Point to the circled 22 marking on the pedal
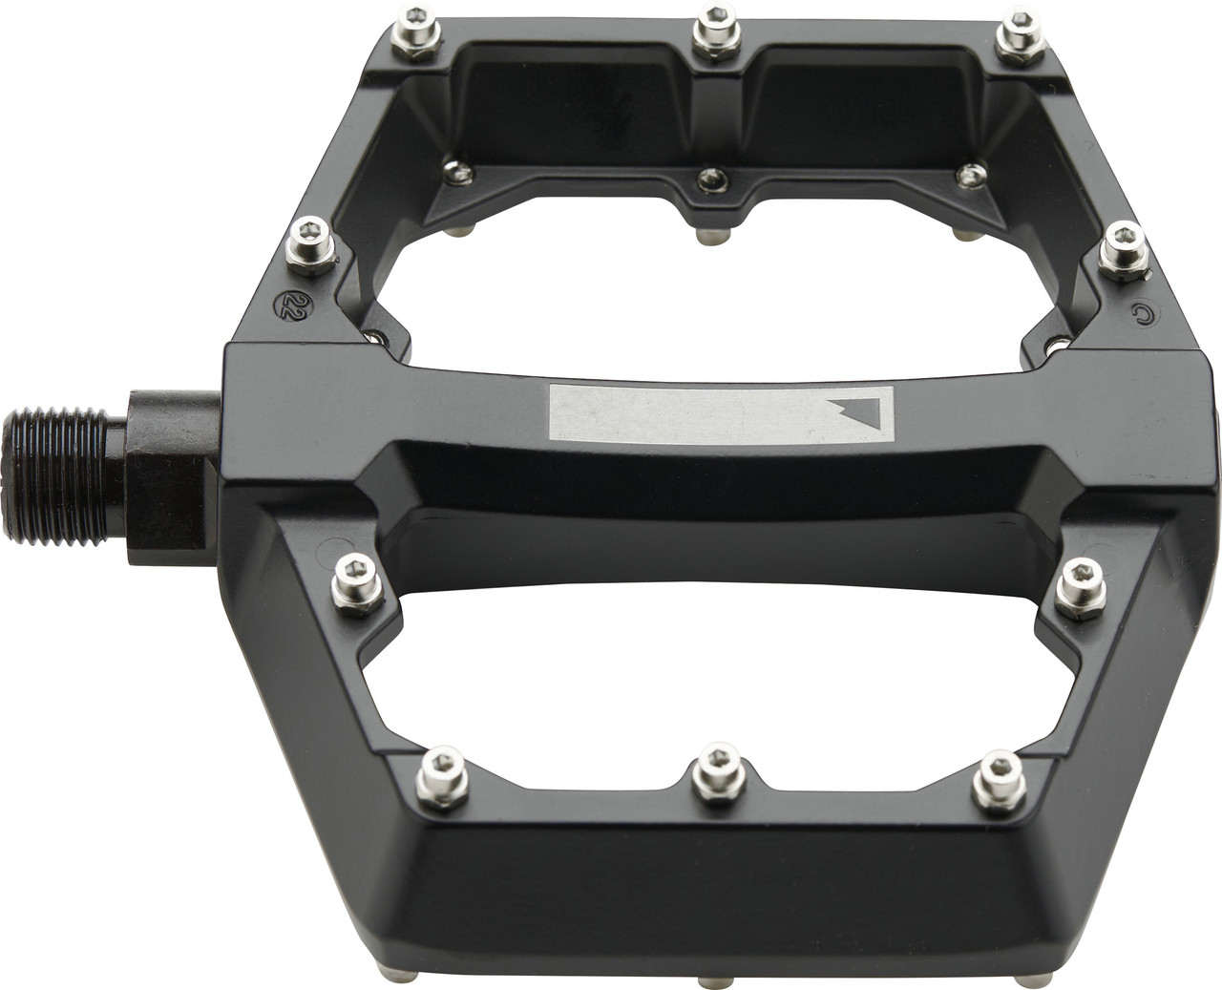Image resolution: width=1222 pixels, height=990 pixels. (x=284, y=305)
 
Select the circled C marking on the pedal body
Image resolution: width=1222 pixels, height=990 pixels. (x=1137, y=312)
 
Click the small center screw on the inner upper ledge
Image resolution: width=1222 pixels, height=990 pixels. (x=711, y=179)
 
